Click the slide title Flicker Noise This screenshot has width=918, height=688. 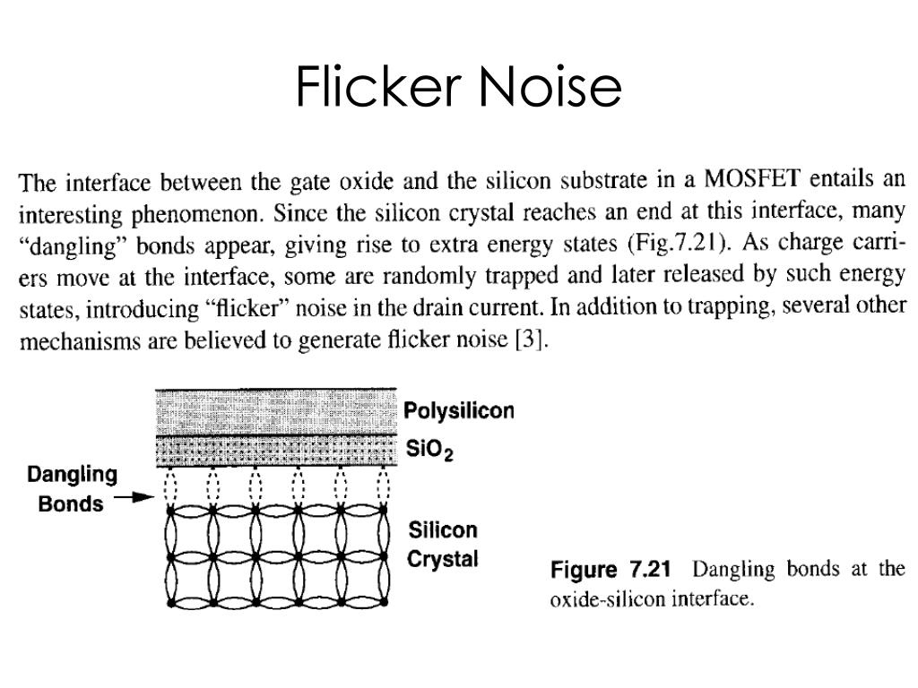(x=459, y=87)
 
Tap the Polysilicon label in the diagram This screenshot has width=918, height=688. (x=459, y=411)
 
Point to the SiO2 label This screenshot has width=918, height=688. (x=429, y=450)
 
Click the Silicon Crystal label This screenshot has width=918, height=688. (x=443, y=545)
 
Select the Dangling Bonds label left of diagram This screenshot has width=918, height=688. (x=71, y=489)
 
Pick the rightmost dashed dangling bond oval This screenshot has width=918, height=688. (x=383, y=488)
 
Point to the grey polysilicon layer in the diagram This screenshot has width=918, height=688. (x=276, y=411)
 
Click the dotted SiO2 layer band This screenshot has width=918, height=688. (x=276, y=450)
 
